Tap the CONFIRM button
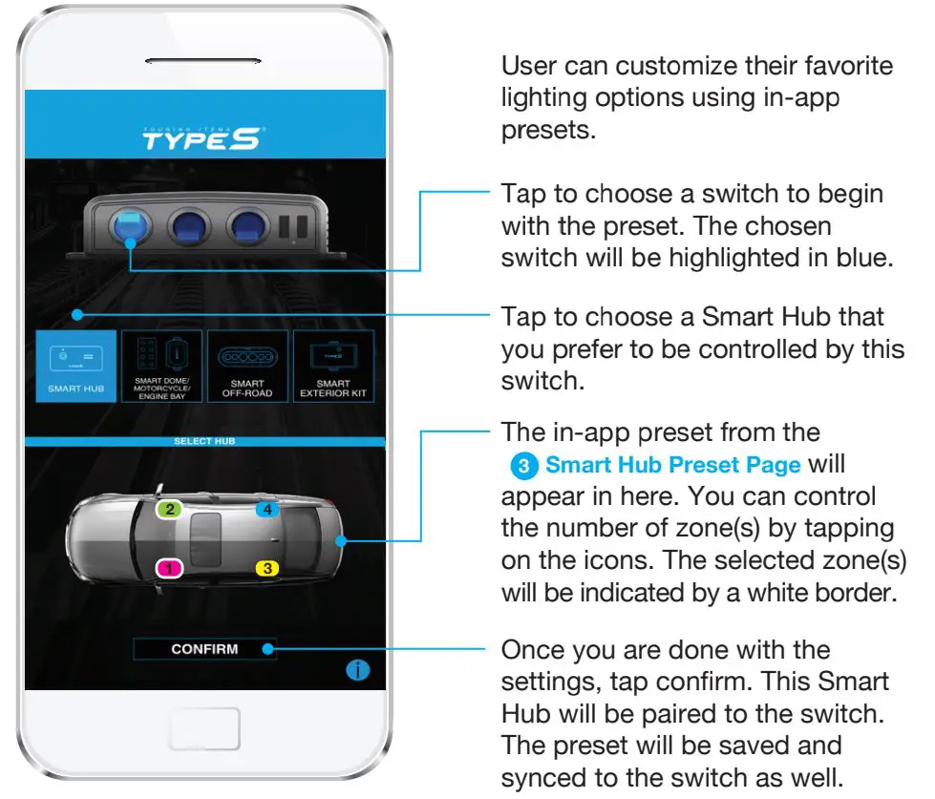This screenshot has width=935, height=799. click(204, 649)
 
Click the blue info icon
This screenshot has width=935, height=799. click(357, 671)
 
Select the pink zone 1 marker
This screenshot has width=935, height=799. click(169, 569)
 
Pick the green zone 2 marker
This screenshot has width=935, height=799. click(170, 510)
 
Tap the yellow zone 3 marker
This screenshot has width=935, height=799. click(268, 569)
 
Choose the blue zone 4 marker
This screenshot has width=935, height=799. click(267, 510)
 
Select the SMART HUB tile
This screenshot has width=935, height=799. click(76, 367)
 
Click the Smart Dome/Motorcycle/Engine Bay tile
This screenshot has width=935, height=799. click(161, 367)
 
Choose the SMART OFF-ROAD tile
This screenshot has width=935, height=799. click(247, 367)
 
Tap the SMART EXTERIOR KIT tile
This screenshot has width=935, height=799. click(333, 367)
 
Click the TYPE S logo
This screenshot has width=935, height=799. click(201, 140)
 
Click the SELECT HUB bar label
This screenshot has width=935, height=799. click(204, 442)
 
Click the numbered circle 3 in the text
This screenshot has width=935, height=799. click(523, 467)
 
